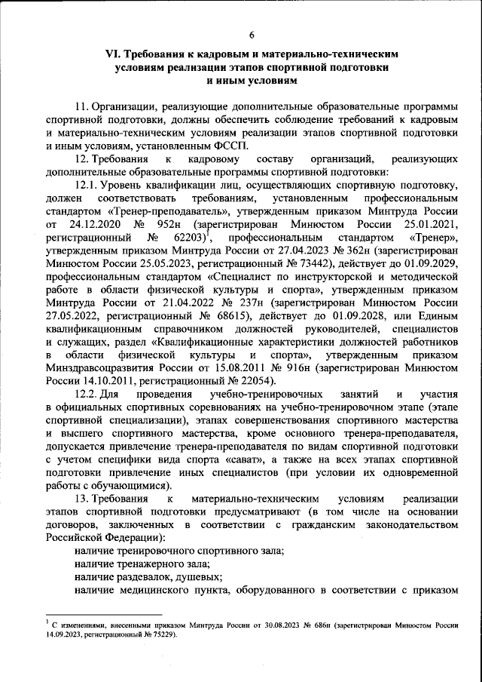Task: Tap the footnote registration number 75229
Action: click(x=158, y=634)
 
